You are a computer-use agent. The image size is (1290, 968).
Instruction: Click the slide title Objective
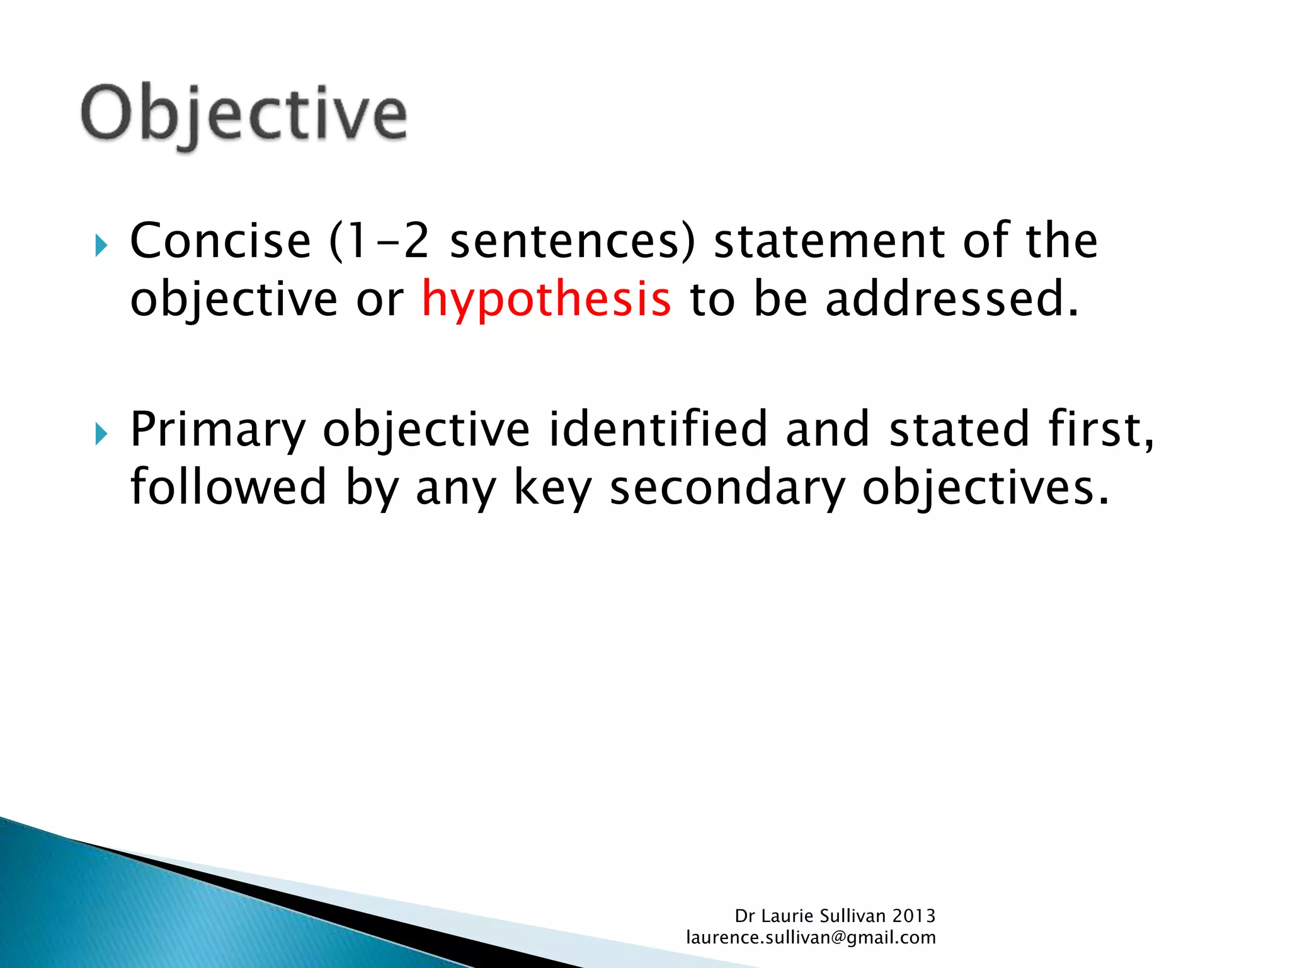[x=244, y=115]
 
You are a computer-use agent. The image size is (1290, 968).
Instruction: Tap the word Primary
[x=217, y=430]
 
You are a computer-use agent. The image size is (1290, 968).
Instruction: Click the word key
[x=553, y=488]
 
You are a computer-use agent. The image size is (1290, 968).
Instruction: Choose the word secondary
[x=728, y=488]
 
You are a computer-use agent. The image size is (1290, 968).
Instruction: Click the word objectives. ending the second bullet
[x=985, y=488]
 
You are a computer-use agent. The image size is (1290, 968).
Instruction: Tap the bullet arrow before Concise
[x=101, y=245]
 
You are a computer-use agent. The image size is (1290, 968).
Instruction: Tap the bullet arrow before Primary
[x=101, y=434]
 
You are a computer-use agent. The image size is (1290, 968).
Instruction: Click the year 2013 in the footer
[x=913, y=916]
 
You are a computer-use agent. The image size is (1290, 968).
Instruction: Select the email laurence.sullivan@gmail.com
[x=811, y=938]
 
